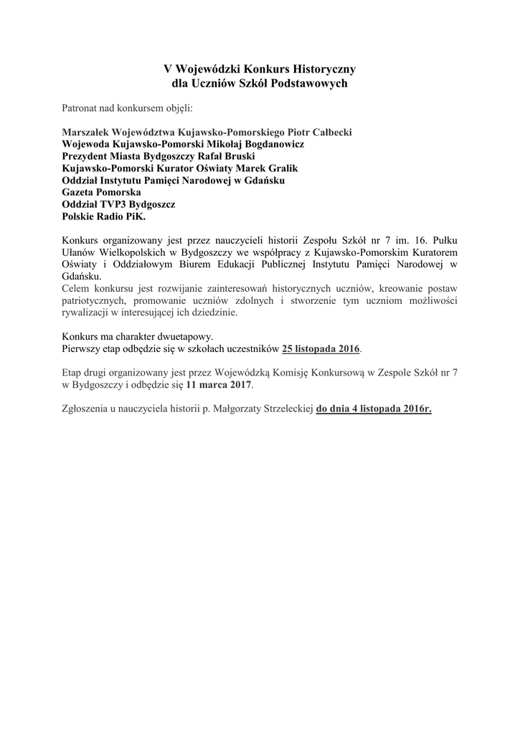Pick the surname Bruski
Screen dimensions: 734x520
click(237, 156)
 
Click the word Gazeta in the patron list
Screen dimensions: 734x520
click(80, 192)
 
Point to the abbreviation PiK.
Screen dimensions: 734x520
click(143, 216)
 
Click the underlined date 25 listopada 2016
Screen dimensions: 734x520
click(321, 349)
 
